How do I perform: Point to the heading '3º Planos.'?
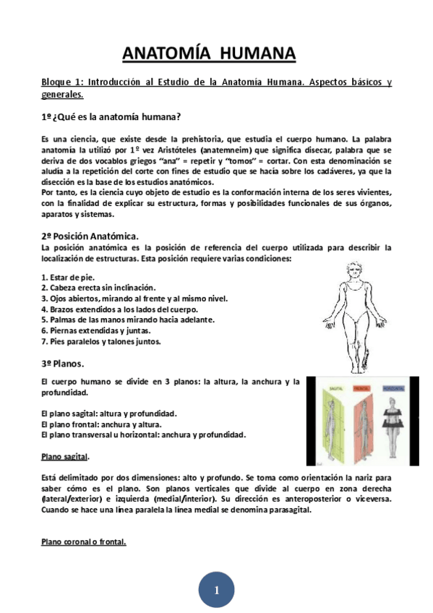click(63, 362)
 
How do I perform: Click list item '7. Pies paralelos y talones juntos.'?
click(100, 341)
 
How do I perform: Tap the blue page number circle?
click(216, 590)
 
